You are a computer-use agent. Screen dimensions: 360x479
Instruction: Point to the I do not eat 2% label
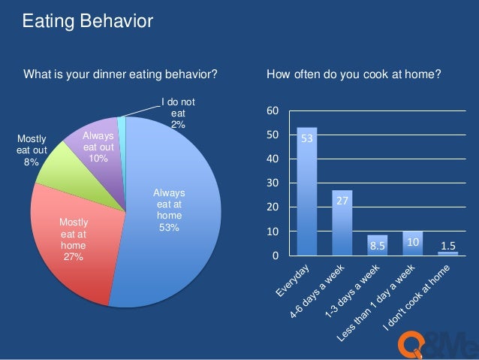(178, 113)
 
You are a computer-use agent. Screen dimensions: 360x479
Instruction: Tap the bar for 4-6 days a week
(342, 222)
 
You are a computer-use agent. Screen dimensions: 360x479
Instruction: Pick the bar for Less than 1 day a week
(412, 244)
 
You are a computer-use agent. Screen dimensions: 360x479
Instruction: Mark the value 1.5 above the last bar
(447, 246)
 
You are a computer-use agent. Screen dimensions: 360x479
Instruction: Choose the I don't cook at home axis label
(420, 301)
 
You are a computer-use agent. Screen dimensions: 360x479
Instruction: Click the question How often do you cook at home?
(354, 75)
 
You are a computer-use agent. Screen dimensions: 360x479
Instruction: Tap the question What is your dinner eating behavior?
(121, 75)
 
